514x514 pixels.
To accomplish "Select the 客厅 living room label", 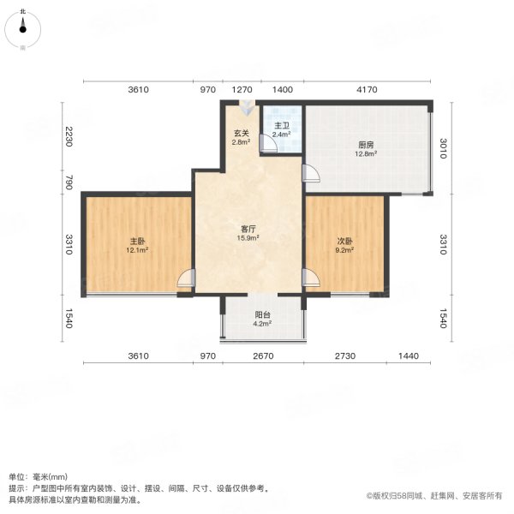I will click(248, 230).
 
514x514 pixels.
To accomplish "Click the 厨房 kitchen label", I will click(368, 145).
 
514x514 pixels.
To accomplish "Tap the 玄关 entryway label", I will click(241, 133).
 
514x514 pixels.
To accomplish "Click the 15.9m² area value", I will click(248, 239).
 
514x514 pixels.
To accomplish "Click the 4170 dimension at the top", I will click(366, 89).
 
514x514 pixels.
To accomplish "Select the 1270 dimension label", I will click(243, 89).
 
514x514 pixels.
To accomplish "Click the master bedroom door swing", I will click(187, 278).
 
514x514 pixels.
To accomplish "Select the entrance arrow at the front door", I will click(248, 109).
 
